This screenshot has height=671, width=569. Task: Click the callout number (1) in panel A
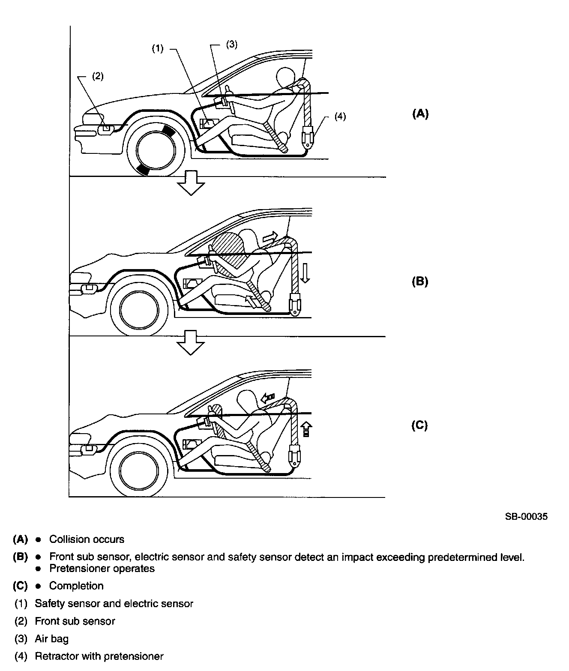[158, 49]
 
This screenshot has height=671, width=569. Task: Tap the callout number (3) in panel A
[231, 45]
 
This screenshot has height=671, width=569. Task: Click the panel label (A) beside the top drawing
[420, 114]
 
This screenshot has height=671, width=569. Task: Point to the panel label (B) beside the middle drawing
[420, 282]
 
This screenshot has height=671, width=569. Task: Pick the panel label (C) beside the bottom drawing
[419, 425]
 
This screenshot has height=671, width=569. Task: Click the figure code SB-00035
[526, 516]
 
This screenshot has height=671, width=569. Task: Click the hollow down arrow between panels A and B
[191, 183]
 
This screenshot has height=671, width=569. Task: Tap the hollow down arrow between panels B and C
[191, 342]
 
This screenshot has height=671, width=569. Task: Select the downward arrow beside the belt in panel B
[305, 273]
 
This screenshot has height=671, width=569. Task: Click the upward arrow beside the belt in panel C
[306, 428]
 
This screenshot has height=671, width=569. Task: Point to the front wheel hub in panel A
[156, 150]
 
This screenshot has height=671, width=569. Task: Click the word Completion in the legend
[76, 586]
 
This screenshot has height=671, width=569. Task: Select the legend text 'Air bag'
[51, 639]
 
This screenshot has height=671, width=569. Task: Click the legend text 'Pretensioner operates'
[102, 569]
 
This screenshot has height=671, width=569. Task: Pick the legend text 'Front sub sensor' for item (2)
[75, 621]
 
